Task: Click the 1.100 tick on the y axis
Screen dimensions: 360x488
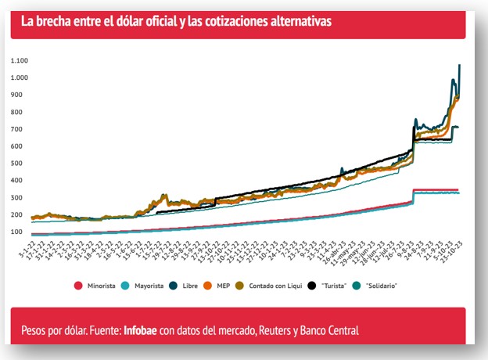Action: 20,61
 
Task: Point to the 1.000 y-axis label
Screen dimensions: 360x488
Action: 20,78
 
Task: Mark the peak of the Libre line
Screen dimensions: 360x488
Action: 459,65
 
